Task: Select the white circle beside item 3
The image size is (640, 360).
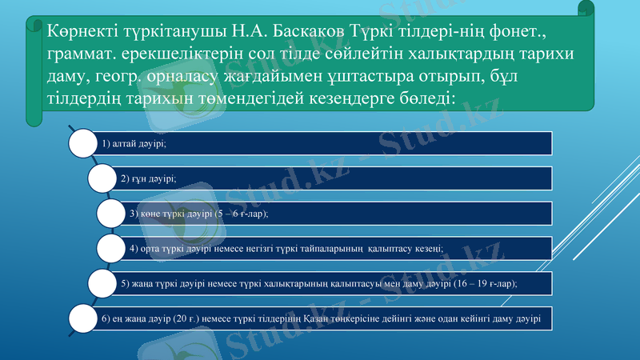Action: coord(112,214)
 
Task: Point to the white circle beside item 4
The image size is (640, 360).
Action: coord(112,248)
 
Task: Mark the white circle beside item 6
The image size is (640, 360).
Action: coord(83,318)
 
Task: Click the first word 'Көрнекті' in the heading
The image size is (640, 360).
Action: coord(79,32)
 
